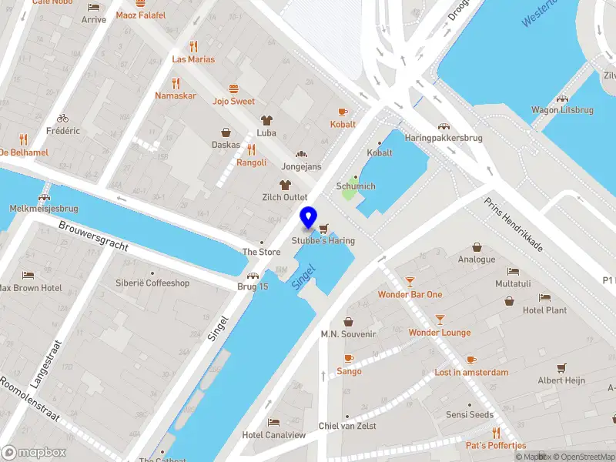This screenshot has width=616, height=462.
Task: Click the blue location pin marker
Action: (309, 218)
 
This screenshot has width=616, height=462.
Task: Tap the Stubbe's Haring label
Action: (323, 241)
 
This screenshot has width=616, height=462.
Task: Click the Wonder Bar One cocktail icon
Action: (410, 282)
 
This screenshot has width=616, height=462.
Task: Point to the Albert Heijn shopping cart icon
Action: (561, 367)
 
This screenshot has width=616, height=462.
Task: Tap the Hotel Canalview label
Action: (274, 435)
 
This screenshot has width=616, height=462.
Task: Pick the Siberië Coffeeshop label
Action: (152, 283)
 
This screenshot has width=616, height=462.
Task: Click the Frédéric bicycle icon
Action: (62, 119)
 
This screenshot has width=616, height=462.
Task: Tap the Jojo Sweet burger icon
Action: (233, 89)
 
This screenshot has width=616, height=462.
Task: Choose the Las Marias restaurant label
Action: (193, 59)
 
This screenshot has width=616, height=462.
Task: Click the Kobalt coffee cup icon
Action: (343, 112)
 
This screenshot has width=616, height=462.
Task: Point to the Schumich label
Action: (356, 186)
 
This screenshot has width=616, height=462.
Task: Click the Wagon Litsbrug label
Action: (562, 110)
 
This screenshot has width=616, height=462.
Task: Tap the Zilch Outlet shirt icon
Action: (285, 185)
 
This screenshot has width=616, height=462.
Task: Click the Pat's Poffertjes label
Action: (496, 445)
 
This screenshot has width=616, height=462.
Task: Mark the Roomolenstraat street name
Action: (30, 400)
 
